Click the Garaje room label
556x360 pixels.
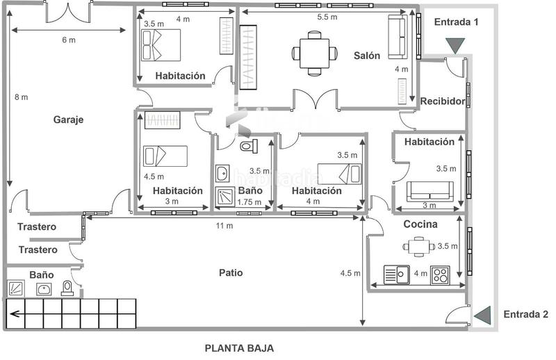pyautogui.click(x=68, y=120)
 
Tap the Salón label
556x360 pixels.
pyautogui.click(x=366, y=56)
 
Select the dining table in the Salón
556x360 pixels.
pyautogui.click(x=315, y=51)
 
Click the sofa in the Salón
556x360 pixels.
pyautogui.click(x=398, y=38)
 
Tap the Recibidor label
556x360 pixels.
pyautogui.click(x=442, y=101)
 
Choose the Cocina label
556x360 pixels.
pyautogui.click(x=420, y=224)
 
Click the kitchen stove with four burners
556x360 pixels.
pyautogui.click(x=440, y=275)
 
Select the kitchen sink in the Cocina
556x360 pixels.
pyautogui.click(x=397, y=275)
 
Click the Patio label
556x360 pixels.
pyautogui.click(x=231, y=272)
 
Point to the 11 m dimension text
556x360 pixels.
pyautogui.click(x=224, y=226)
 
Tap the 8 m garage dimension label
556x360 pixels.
pyautogui.click(x=21, y=97)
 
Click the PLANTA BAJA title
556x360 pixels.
pyautogui.click(x=238, y=348)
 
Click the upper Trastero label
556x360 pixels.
pyautogui.click(x=37, y=227)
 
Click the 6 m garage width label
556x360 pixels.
pyautogui.click(x=68, y=40)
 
